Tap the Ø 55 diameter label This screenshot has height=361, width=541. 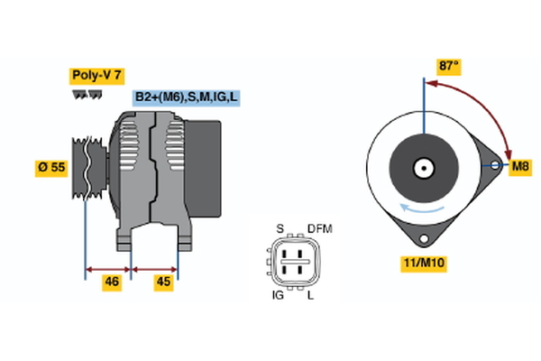[x=51, y=167]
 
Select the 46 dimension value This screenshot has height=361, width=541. [x=112, y=282]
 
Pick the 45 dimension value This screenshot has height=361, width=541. [x=162, y=282]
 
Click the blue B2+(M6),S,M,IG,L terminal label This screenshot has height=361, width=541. [x=187, y=97]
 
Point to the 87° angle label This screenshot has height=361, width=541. [x=448, y=66]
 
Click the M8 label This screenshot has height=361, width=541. [x=520, y=167]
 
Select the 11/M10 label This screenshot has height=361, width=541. [x=423, y=264]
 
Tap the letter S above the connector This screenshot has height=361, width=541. [x=280, y=228]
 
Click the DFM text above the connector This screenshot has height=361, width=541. [x=320, y=228]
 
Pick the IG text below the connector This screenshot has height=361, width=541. [x=278, y=295]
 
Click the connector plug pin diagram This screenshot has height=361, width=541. [x=294, y=262]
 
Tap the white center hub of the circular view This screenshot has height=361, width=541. [x=422, y=167]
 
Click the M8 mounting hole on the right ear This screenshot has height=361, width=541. [x=494, y=166]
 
